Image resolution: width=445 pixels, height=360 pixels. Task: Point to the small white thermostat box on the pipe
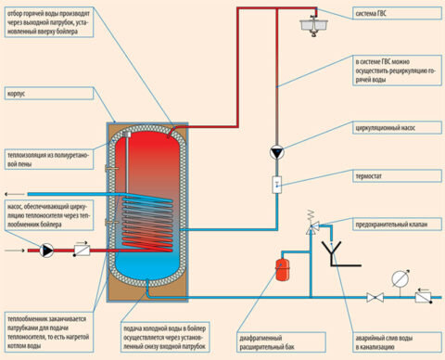coord(275,186)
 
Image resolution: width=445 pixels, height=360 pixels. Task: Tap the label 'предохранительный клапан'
coord(394,224)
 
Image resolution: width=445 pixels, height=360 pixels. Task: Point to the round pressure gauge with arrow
coord(400,276)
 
